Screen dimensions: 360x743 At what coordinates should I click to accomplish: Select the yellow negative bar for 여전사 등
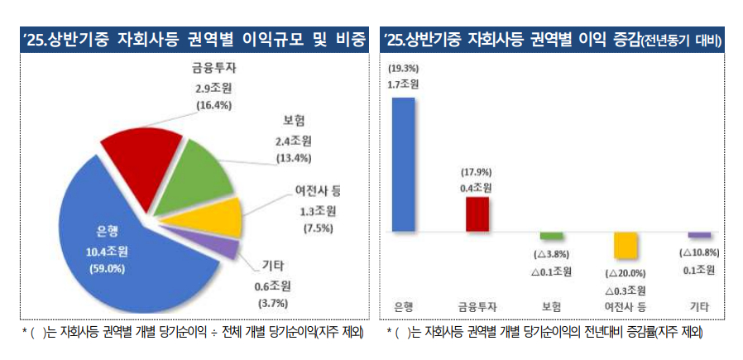point(625,247)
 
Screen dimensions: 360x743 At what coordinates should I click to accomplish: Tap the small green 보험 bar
point(552,237)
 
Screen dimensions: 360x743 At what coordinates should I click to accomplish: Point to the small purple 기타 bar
point(699,236)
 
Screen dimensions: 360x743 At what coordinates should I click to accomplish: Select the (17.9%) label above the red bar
point(476,172)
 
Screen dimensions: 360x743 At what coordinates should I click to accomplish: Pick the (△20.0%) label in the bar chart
point(626,273)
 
